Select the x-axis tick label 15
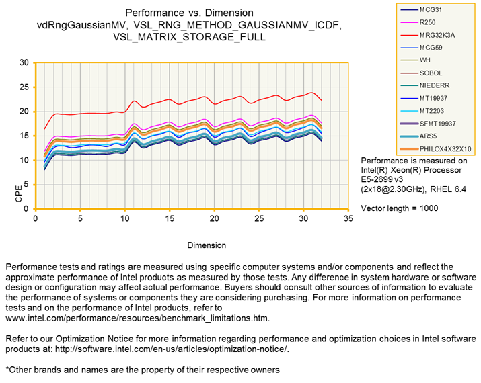pyautogui.click(x=170, y=219)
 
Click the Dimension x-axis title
pyautogui.click(x=192, y=246)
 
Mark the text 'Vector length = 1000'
pyautogui.click(x=399, y=208)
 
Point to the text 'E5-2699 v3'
pyautogui.click(x=384, y=180)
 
